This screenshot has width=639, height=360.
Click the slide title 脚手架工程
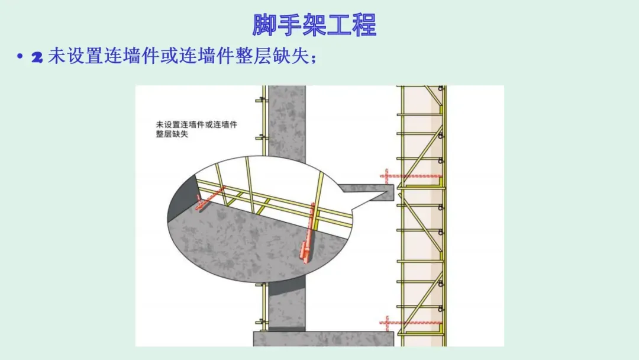(314, 25)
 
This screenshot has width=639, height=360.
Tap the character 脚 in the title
(264, 25)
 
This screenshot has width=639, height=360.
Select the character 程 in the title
(364, 25)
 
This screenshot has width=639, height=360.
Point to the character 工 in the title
(339, 25)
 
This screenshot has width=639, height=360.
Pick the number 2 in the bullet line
(37, 57)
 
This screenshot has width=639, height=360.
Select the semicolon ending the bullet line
(314, 59)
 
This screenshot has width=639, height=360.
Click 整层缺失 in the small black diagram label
(172, 134)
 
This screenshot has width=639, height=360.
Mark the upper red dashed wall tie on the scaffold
(411, 176)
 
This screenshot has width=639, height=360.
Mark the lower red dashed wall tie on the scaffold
(411, 323)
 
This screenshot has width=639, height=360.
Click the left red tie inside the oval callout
(209, 198)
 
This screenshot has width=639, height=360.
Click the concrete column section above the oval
(287, 123)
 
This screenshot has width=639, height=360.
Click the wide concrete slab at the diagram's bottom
(324, 339)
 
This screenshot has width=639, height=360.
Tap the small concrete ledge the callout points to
(366, 192)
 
